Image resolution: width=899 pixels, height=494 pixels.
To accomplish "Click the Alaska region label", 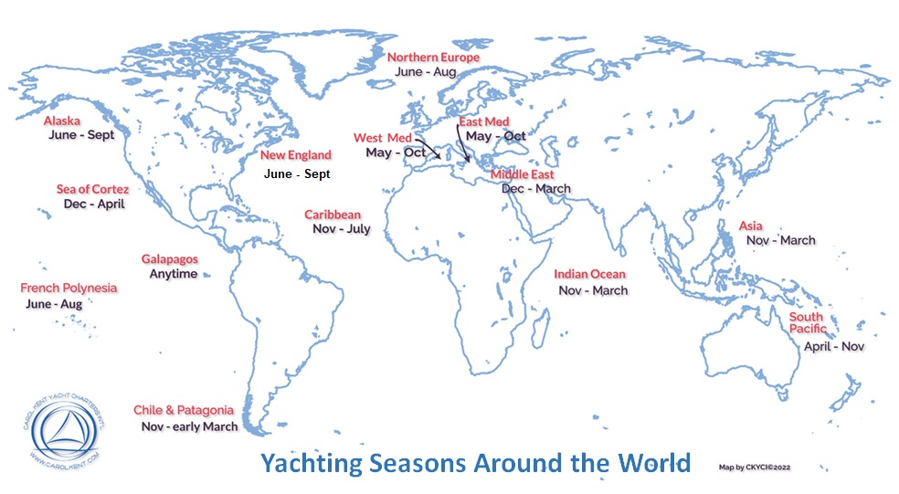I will tap(62, 120).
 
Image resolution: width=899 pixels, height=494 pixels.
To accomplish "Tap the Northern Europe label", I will tap(434, 57).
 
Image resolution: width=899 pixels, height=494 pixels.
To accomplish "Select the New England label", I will tap(296, 155).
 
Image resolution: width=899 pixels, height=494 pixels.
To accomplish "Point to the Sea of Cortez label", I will tap(92, 189).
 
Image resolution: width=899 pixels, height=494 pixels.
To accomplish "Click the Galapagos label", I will tap(169, 259).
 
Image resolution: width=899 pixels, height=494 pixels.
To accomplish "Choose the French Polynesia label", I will tap(69, 288).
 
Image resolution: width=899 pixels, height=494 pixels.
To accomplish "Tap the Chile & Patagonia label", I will tap(184, 410).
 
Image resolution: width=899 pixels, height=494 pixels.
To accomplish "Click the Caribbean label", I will tap(333, 215).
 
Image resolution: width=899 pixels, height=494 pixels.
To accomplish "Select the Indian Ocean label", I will tap(590, 274).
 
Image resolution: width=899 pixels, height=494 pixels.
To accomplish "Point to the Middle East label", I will tap(523, 174).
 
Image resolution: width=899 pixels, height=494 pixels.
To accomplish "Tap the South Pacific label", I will tap(808, 322).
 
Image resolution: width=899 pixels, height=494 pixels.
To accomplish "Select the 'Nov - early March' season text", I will tap(189, 426).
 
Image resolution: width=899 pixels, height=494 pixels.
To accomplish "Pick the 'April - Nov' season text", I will tap(833, 346).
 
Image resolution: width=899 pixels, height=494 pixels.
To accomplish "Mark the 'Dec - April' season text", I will tap(94, 204).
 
